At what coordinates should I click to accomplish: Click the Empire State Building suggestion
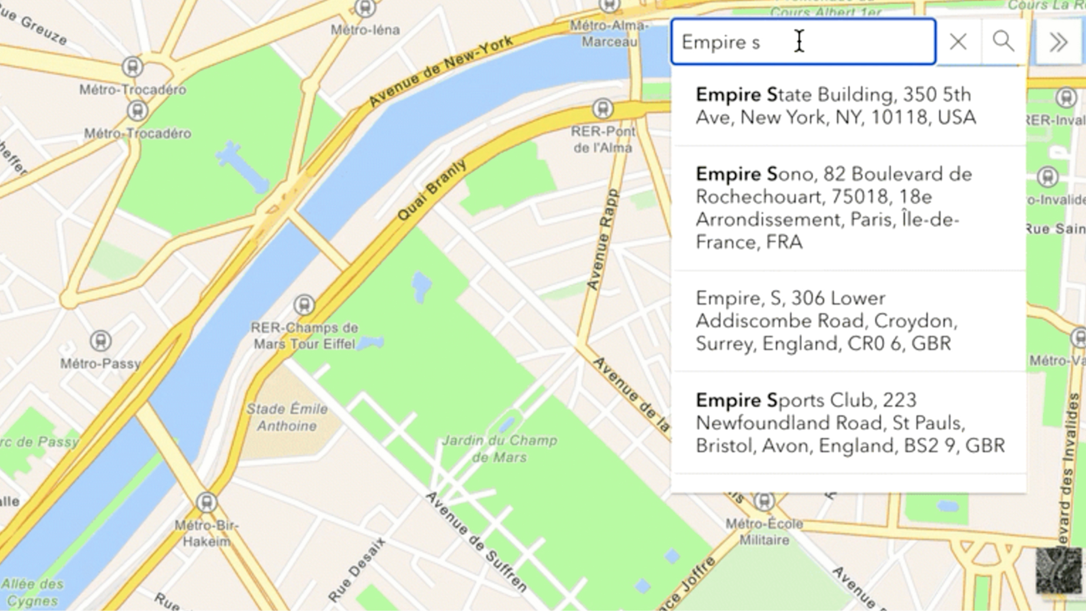coord(835,106)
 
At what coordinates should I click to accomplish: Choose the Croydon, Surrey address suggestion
coord(826,321)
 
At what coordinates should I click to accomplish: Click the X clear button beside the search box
coord(958,42)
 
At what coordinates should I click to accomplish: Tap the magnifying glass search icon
coord(1003,42)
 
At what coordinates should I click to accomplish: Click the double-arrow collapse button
coord(1058,42)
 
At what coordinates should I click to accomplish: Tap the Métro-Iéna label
coord(365,30)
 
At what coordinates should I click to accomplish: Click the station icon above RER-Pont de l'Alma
coord(603,109)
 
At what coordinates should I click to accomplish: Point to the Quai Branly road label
coord(432,190)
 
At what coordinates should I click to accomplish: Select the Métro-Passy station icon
coord(100,341)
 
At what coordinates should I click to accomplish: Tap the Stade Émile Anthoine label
coord(287,417)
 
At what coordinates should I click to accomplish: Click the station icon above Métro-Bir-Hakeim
coord(207,502)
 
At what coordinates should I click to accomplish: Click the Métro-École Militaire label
coord(764,532)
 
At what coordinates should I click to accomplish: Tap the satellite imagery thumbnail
coord(1058,570)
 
